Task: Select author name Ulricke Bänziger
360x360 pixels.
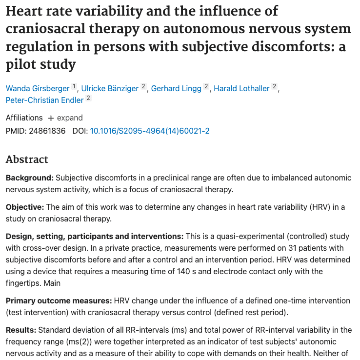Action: point(110,88)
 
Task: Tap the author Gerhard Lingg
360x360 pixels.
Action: point(177,88)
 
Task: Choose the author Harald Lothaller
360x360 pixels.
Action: point(241,88)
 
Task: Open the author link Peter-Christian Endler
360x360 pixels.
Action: point(45,100)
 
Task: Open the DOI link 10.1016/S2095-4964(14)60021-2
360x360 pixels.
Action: point(150,131)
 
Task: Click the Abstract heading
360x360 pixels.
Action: point(27,160)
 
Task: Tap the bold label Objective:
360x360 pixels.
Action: point(25,207)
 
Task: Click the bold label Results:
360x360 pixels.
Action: point(21,331)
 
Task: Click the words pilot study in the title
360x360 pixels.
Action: point(41,64)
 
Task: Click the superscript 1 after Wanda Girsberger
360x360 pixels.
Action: point(74,86)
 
